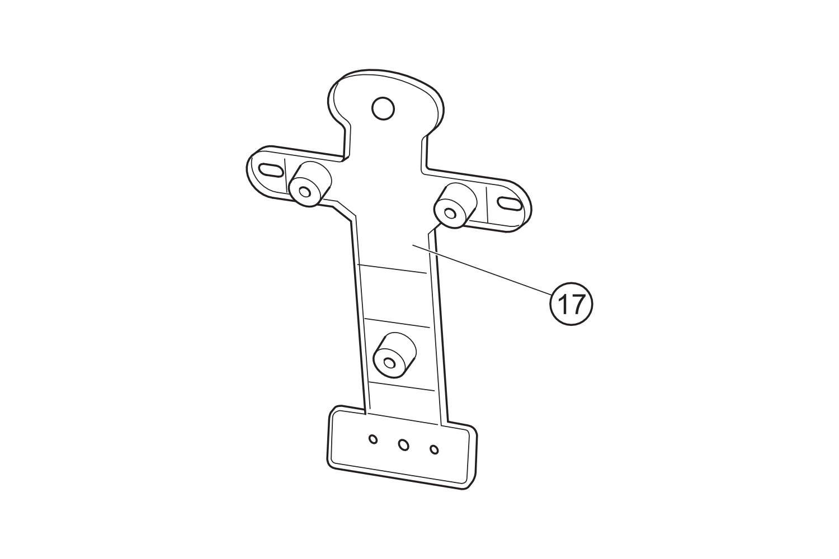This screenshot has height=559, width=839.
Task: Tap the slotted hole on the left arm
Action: tap(270, 170)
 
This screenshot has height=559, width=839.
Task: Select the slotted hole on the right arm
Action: tap(508, 205)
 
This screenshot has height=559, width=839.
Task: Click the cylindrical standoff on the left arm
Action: tap(309, 184)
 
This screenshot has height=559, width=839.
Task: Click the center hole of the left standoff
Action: tap(305, 192)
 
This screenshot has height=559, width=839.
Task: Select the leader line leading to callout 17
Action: tap(481, 268)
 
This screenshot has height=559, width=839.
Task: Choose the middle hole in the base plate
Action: tap(403, 445)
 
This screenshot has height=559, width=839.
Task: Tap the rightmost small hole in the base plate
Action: tap(435, 449)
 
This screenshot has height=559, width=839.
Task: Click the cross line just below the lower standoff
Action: tap(402, 385)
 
